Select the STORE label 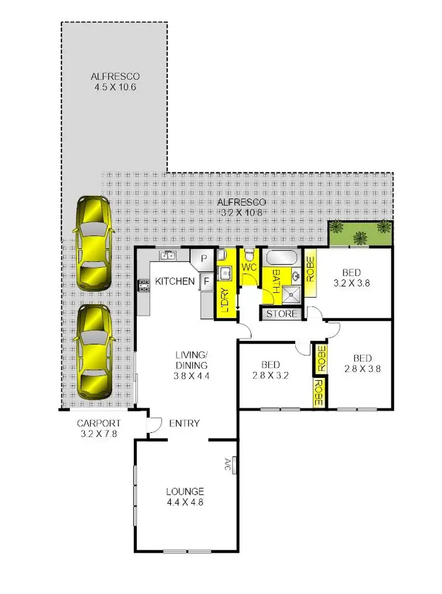click(x=282, y=314)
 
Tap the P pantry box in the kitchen click(x=202, y=259)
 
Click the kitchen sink click(x=168, y=256)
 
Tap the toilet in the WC click(x=250, y=255)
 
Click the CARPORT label click(x=98, y=423)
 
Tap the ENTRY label click(x=184, y=423)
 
